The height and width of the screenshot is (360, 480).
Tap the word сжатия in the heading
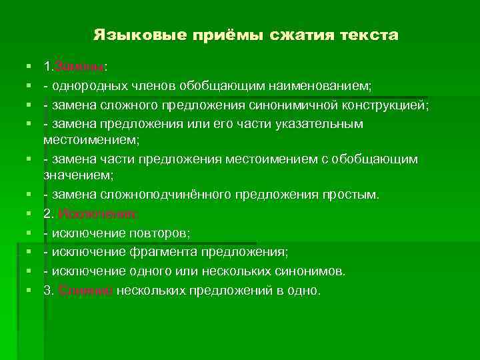297,35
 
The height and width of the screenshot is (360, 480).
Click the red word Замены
79,67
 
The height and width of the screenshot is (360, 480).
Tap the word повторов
159,233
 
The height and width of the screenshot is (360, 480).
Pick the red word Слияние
86,291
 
